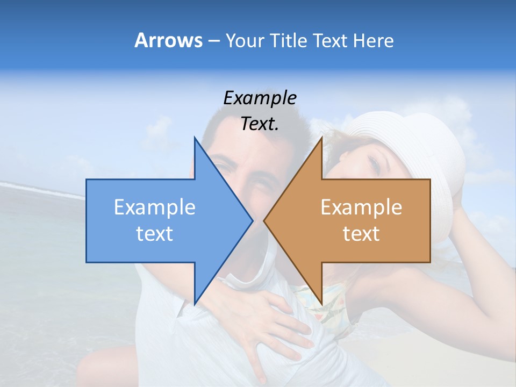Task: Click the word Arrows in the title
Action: click(x=168, y=40)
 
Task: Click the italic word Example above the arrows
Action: click(x=260, y=98)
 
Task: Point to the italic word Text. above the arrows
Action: click(x=260, y=124)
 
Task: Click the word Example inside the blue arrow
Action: click(x=155, y=207)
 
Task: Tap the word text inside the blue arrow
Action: click(x=155, y=233)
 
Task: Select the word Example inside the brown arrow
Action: click(x=361, y=207)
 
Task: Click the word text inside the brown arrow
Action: click(x=361, y=233)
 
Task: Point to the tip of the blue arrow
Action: click(x=252, y=220)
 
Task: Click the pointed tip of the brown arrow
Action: click(x=264, y=220)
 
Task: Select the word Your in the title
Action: click(x=244, y=40)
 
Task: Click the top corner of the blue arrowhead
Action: click(x=195, y=138)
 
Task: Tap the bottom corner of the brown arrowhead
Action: click(x=321, y=304)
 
